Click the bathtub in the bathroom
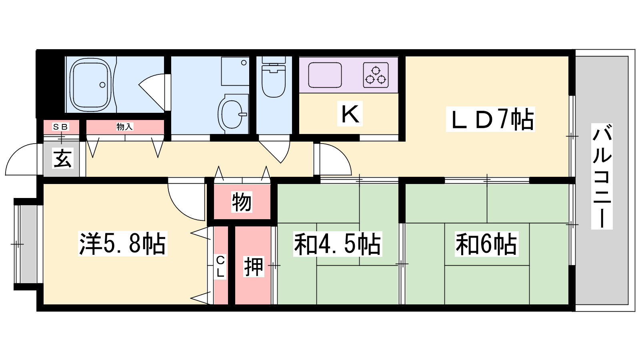click(90, 85)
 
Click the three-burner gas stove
click(376, 75)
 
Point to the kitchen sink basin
click(325, 75)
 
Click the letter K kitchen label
click(350, 114)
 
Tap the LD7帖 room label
click(490, 119)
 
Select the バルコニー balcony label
click(602, 176)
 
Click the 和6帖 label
click(486, 244)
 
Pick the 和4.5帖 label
click(338, 244)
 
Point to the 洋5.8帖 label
click(122, 244)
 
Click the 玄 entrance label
click(62, 158)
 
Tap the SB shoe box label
click(60, 126)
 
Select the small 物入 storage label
click(125, 126)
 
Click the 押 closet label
click(254, 266)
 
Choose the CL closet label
click(220, 266)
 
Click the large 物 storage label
click(242, 202)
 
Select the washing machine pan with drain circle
click(235, 71)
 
